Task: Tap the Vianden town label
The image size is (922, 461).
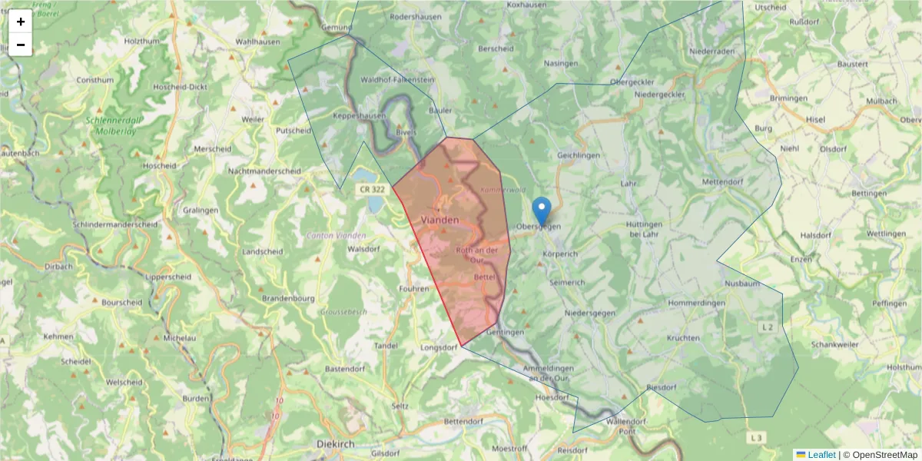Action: coord(440,220)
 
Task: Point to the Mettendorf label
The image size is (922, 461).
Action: coord(725,182)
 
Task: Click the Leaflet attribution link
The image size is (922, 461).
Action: coord(821,455)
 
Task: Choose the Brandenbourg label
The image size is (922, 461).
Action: coord(289,298)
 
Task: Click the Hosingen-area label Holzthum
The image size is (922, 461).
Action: coord(141,41)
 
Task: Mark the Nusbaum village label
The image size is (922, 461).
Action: coord(742,284)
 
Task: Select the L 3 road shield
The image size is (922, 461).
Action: coord(757,438)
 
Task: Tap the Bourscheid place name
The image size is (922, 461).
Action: coord(121,302)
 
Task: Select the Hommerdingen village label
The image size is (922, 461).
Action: coord(697,303)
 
